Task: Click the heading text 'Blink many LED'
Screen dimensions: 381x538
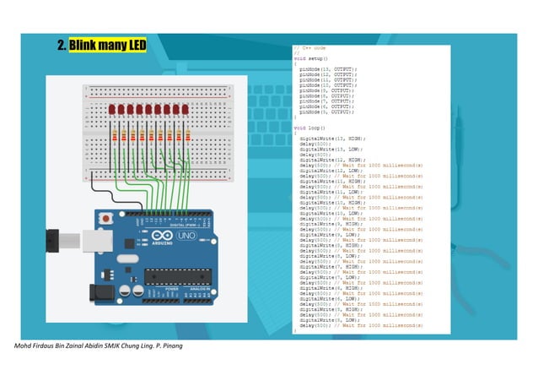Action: [x=108, y=44]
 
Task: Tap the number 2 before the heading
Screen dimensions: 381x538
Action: [x=62, y=44]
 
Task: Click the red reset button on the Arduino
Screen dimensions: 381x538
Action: [x=105, y=220]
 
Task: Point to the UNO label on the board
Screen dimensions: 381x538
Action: [x=185, y=239]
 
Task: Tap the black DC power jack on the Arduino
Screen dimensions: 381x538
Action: [x=100, y=292]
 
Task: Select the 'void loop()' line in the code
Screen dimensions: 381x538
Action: [x=309, y=128]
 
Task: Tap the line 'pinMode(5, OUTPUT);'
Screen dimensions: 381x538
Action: [x=325, y=112]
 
